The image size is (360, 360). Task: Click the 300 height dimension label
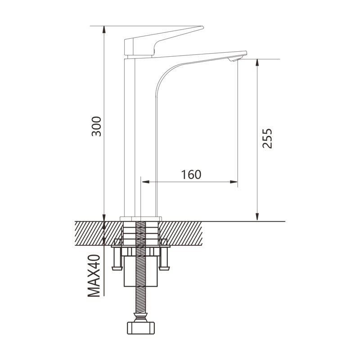(x=96, y=126)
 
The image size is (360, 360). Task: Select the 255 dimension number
(x=267, y=139)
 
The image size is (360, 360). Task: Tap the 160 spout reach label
(x=191, y=175)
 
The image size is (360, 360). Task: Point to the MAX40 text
(x=94, y=275)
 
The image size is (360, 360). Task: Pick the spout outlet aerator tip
(x=234, y=59)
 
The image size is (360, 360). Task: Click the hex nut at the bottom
(x=141, y=328)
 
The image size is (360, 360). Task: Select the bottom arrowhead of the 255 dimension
(x=257, y=217)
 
